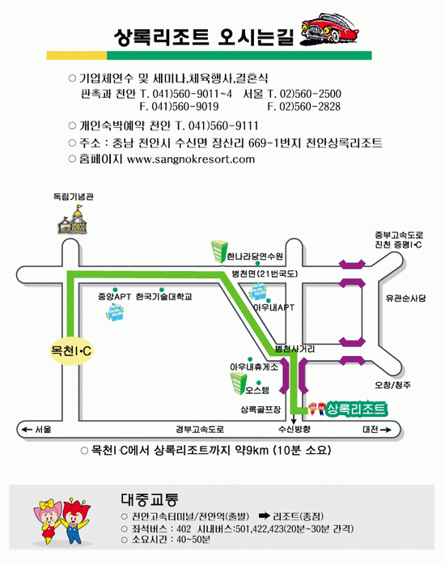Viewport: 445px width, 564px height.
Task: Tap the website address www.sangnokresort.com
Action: tap(191, 159)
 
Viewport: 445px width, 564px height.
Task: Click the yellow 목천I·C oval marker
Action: tap(71, 350)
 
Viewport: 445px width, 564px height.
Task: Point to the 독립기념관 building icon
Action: tap(74, 220)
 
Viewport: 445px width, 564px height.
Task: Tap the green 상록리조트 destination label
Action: tap(356, 409)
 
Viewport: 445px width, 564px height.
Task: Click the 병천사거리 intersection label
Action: tap(295, 349)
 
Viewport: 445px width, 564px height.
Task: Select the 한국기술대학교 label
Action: tap(164, 297)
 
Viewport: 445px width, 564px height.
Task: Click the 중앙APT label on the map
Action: tap(114, 297)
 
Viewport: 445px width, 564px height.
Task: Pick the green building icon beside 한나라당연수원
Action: tap(218, 252)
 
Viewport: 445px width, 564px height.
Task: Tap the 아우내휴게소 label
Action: tap(254, 367)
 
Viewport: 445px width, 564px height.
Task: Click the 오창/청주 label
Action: tap(393, 385)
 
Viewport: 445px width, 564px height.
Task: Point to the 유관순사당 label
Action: tap(405, 299)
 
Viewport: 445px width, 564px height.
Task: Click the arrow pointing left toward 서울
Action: tap(27, 429)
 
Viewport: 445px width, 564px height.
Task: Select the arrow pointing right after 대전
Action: tap(385, 430)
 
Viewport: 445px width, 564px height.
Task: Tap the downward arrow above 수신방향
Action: tap(294, 418)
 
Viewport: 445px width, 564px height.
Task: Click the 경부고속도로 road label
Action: tap(200, 429)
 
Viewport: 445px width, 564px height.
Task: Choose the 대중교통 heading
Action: tap(150, 499)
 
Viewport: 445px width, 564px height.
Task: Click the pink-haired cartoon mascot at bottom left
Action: tap(49, 520)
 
